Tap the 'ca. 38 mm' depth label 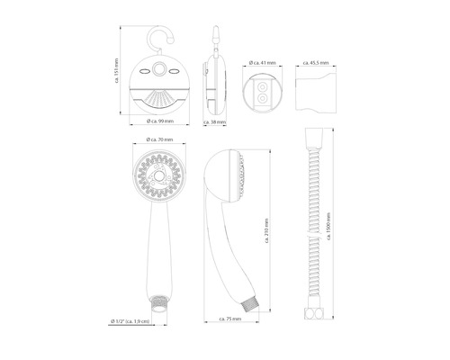pos(215,120)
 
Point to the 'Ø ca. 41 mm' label pos(263,62)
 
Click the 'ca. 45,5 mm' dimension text pos(316,62)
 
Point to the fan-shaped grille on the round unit pos(162,98)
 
